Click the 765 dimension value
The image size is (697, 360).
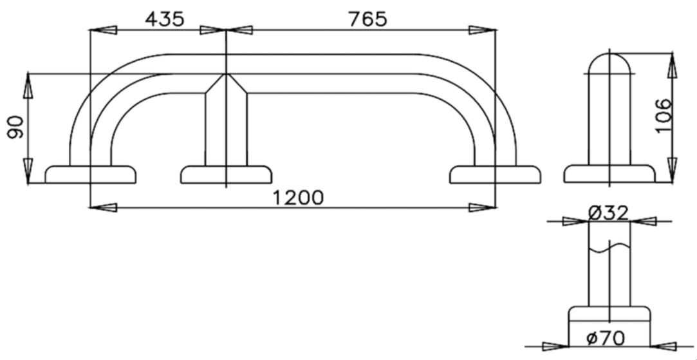tap(367, 19)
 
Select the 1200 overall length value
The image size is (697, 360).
tap(298, 198)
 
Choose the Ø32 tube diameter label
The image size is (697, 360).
tap(608, 213)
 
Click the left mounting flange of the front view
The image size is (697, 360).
tap(91, 175)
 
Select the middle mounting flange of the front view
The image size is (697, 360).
tap(226, 175)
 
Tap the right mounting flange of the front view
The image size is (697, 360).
tap(495, 175)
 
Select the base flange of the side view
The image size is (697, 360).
tap(609, 174)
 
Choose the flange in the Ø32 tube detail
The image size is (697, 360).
tap(609, 315)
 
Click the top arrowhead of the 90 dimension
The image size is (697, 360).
tap(28, 84)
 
